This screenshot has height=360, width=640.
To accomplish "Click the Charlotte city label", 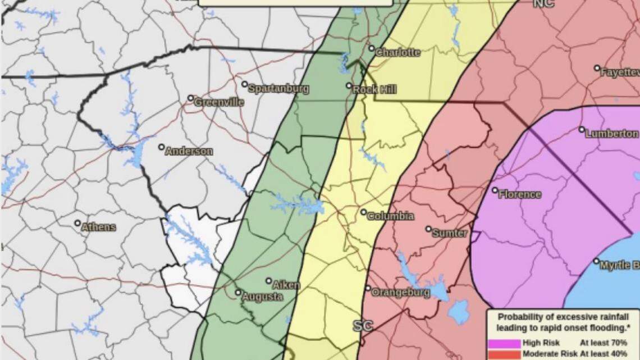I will click(397, 52).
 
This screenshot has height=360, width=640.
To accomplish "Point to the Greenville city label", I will click(219, 102).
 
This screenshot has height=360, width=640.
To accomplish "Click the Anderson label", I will click(189, 151).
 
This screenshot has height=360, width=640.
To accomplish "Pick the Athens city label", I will click(99, 227).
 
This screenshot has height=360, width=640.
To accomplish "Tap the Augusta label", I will click(262, 297).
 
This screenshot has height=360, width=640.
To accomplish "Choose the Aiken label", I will click(286, 285).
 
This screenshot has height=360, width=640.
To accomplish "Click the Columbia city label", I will click(391, 216).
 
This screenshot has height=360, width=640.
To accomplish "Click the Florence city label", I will click(520, 194).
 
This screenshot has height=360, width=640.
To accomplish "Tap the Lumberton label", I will click(611, 134).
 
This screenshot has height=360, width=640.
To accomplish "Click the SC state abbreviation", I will click(363, 326).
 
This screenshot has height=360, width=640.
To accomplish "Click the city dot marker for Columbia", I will click(364, 212).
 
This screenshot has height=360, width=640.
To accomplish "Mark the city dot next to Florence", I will click(495, 190).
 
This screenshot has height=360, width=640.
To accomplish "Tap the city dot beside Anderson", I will click(161, 147).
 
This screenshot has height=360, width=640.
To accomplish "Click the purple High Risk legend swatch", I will click(504, 343).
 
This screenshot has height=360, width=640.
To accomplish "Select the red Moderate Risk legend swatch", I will click(504, 354).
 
